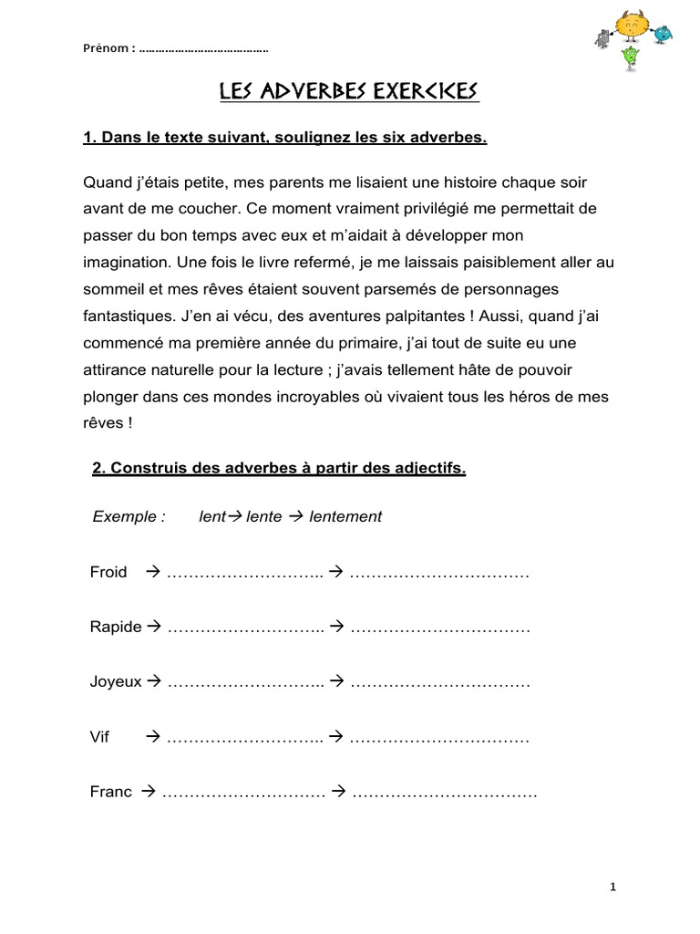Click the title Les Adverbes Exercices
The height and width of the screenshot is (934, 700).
[x=349, y=92]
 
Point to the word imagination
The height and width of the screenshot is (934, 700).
[x=124, y=261]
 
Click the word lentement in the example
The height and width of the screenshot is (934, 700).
[x=345, y=516]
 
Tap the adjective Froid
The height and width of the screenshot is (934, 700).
[x=108, y=572]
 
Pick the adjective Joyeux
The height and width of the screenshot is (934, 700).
[x=116, y=681]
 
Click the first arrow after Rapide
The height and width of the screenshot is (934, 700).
[x=153, y=627]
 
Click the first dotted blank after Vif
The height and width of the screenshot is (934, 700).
[x=245, y=737]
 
